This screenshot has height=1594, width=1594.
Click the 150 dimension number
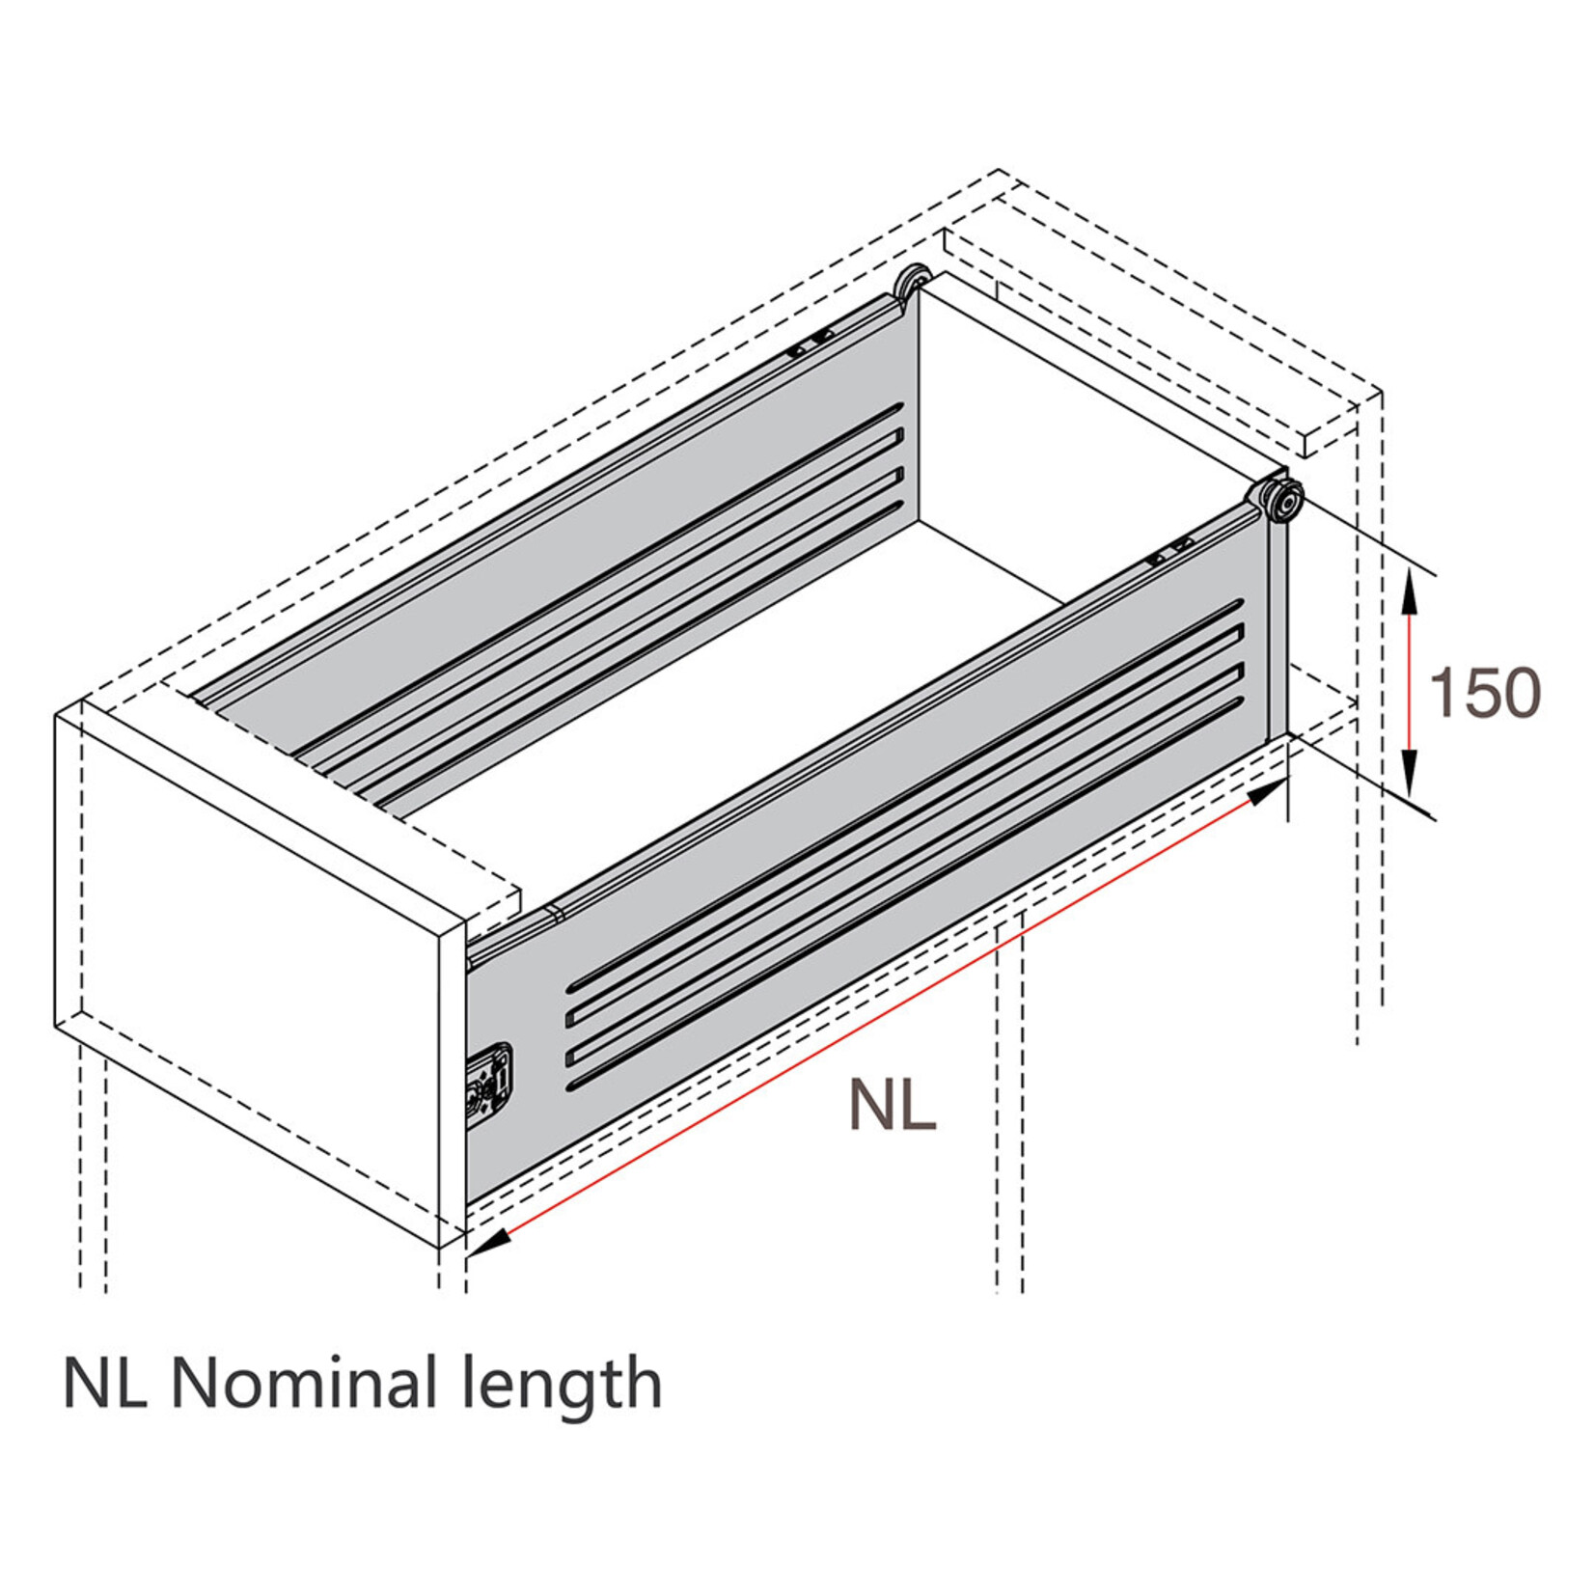coord(1484,693)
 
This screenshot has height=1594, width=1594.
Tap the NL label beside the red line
coord(893,1105)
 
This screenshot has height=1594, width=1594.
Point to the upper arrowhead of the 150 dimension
coord(1410,591)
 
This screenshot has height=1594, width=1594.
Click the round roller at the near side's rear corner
coord(1283,501)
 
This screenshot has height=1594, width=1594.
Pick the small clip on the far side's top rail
coord(811,344)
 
